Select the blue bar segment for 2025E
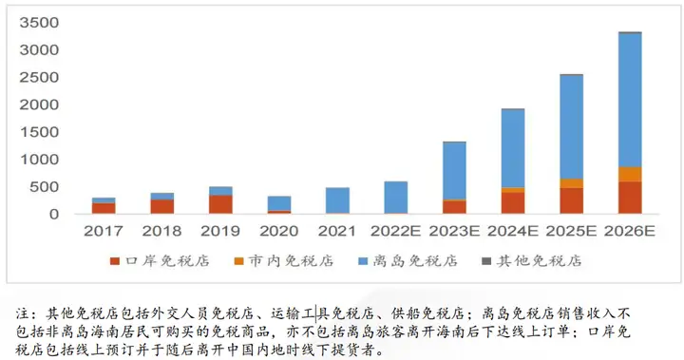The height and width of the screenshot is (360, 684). point(571,126)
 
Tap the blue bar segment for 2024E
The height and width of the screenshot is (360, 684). point(513,148)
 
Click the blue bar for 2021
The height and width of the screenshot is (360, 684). point(337,200)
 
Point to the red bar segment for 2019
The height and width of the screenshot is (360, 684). point(220,204)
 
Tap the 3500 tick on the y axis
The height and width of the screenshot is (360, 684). point(38,22)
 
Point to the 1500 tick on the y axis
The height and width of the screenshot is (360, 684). point(38,132)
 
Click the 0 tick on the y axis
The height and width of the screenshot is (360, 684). point(53,215)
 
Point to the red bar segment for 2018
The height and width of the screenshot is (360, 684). point(162,206)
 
